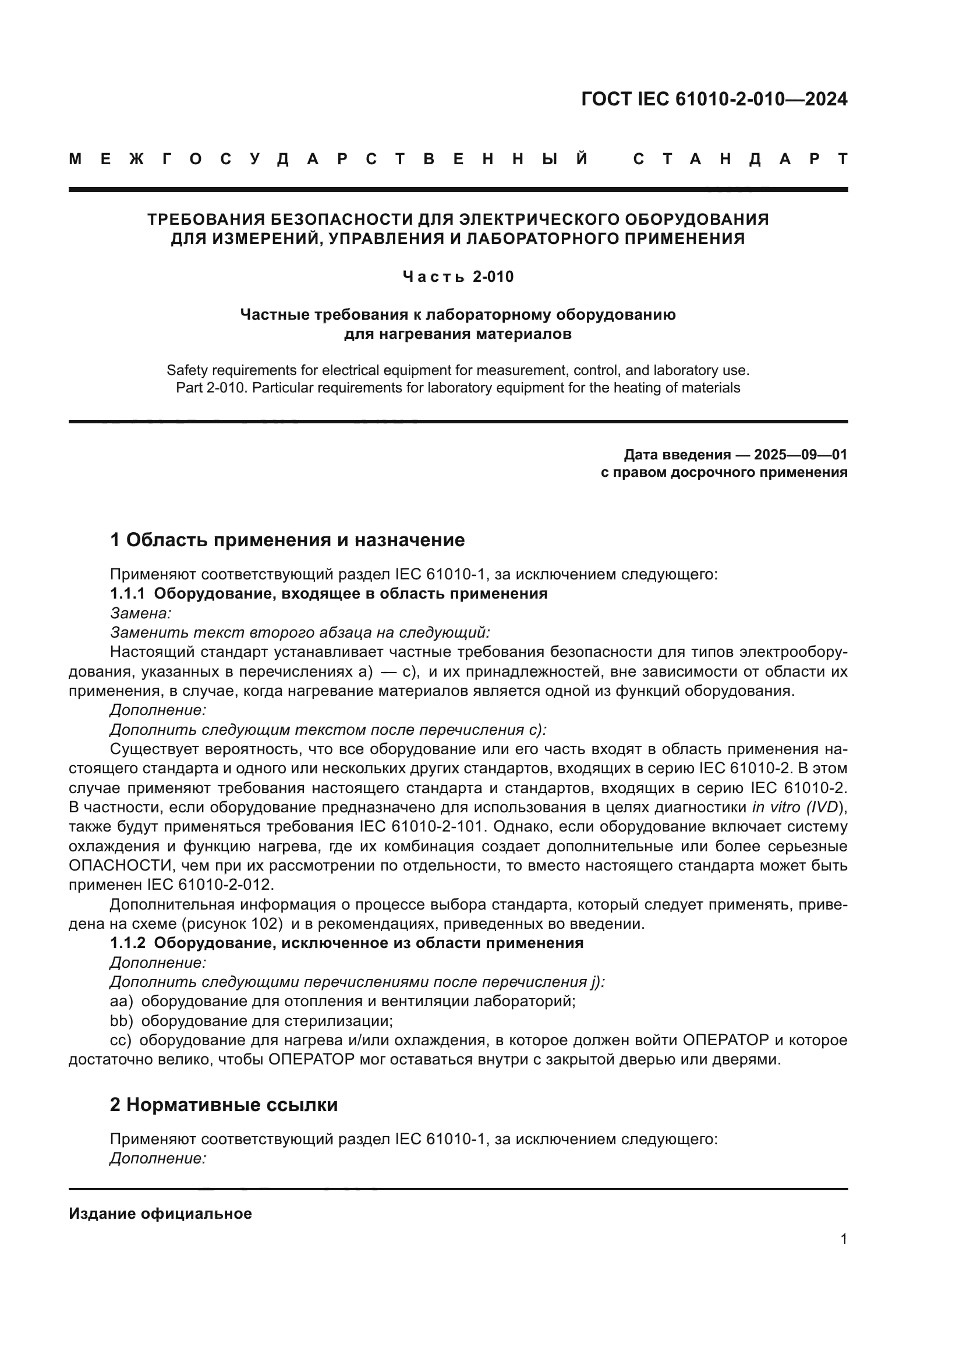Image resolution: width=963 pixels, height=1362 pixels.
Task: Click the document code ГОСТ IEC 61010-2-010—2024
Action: point(714,99)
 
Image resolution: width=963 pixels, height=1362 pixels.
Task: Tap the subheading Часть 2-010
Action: point(458,277)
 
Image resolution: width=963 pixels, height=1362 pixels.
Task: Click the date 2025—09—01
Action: point(801,455)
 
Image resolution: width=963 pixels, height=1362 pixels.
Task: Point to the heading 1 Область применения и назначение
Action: point(288,540)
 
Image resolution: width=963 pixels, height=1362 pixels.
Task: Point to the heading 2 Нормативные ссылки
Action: point(224,1105)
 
